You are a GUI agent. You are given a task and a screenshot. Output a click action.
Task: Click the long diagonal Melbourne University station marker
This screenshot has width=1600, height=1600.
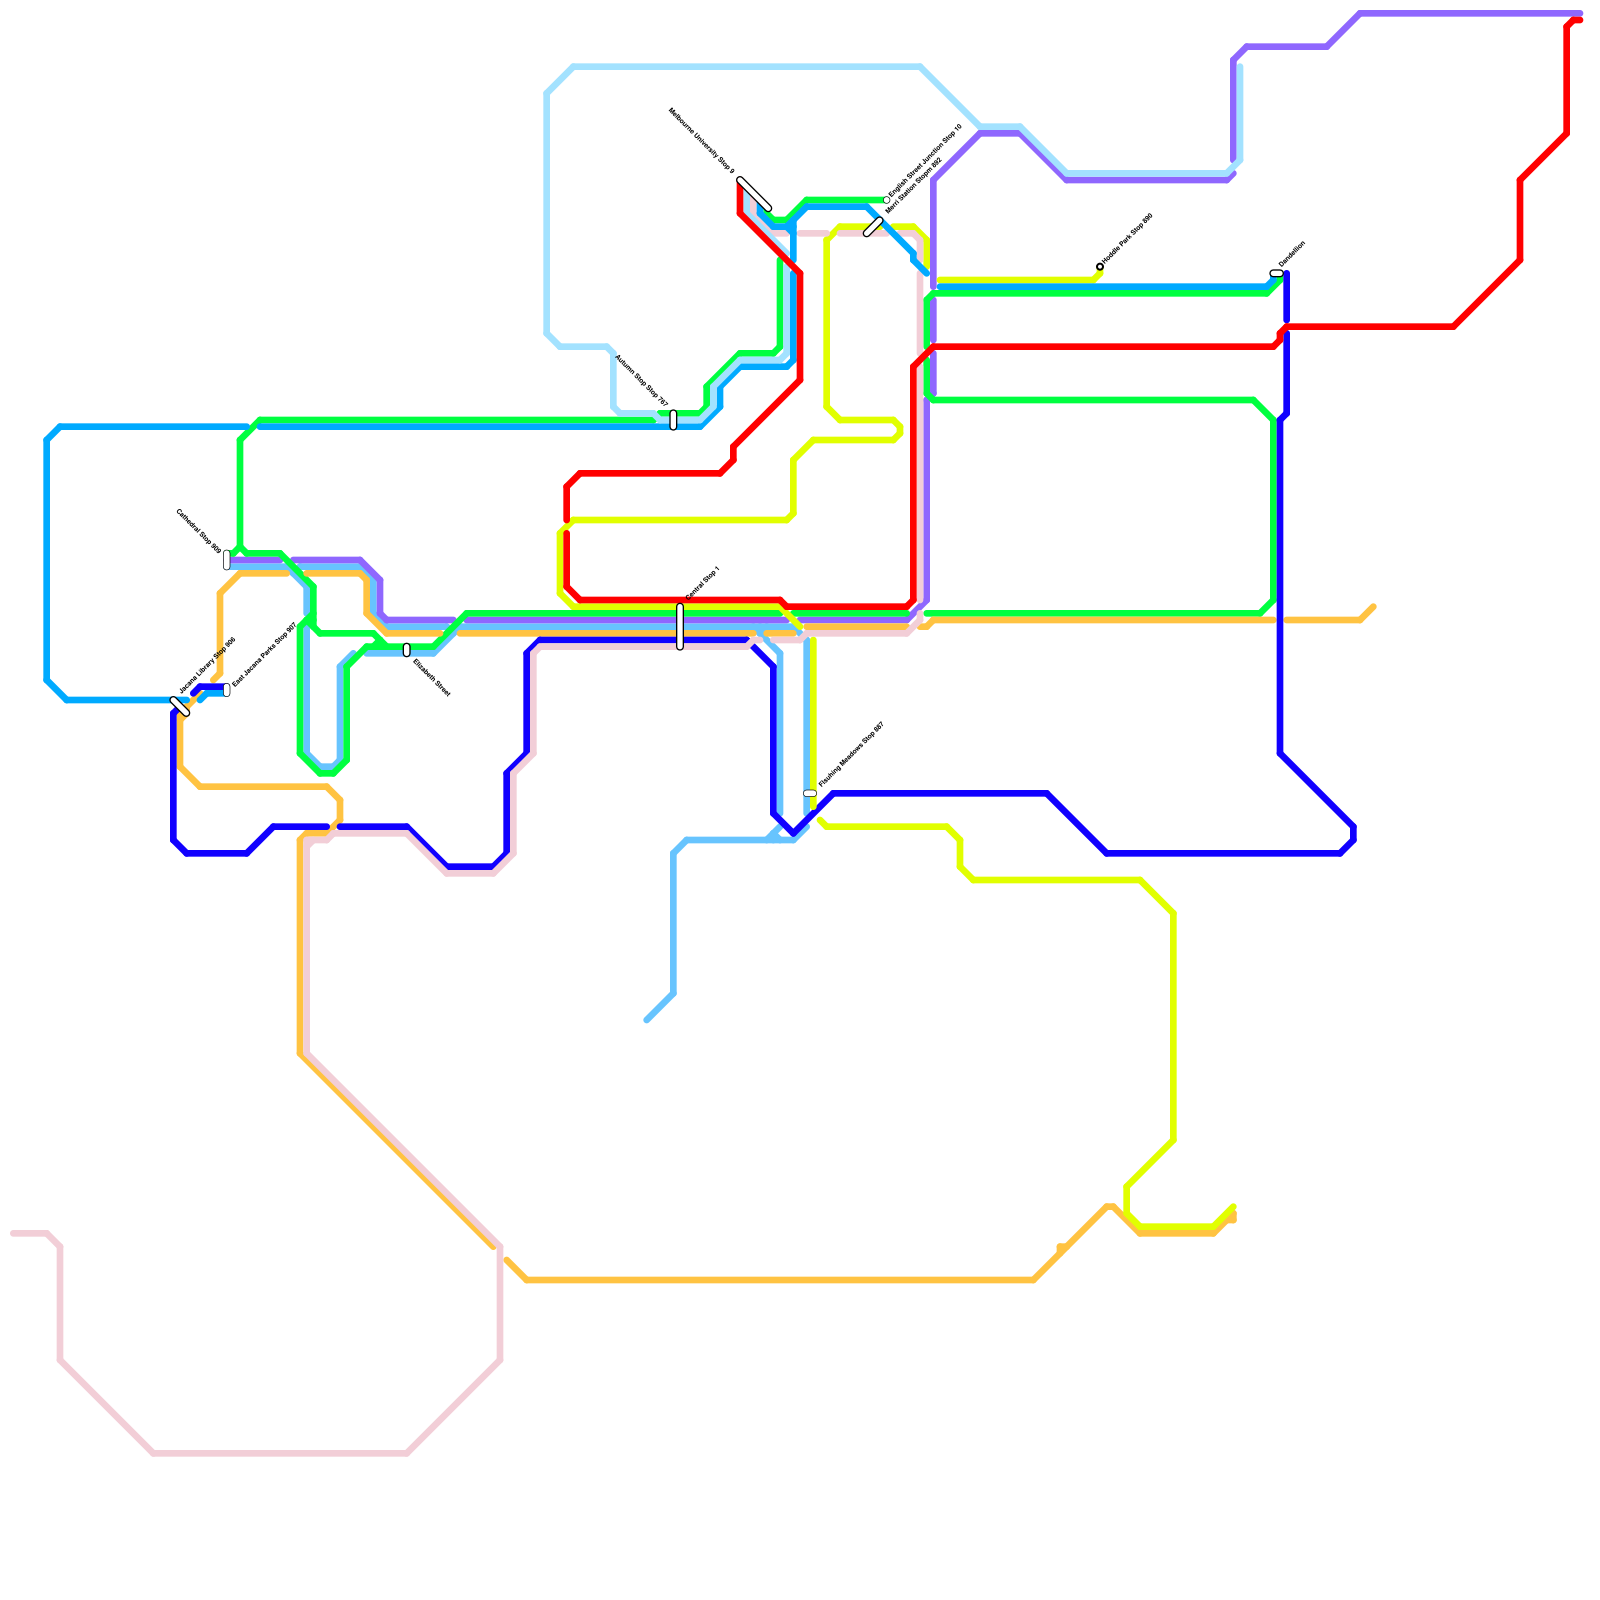click(x=755, y=194)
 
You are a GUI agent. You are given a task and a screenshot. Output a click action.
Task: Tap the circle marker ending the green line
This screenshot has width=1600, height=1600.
click(x=887, y=200)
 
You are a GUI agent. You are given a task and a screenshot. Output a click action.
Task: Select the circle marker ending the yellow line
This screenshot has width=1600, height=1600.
click(x=1100, y=266)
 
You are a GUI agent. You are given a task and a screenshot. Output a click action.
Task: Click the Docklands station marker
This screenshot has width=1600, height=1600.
click(x=1276, y=273)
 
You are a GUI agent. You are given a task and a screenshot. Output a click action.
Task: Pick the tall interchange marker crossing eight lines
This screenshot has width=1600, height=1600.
click(x=680, y=627)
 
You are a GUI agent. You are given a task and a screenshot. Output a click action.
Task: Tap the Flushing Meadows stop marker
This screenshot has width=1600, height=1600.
click(x=810, y=793)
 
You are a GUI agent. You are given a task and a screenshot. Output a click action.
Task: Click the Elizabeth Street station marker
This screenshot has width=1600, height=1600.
click(x=407, y=650)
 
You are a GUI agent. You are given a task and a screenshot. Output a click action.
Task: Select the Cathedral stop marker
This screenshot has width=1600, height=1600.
click(x=227, y=560)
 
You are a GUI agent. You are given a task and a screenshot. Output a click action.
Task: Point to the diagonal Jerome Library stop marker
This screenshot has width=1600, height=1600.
click(x=180, y=707)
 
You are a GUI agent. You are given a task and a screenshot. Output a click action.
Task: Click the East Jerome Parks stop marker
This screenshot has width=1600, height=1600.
click(x=227, y=690)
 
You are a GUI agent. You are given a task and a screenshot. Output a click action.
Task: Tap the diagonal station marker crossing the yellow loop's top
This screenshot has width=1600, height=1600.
click(x=873, y=227)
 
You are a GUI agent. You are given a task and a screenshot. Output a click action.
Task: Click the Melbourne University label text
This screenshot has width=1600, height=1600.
click(x=701, y=141)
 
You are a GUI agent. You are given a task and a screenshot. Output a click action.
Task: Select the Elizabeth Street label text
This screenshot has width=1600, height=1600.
click(x=432, y=677)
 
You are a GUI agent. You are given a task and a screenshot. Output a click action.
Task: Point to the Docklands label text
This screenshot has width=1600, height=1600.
click(x=1292, y=254)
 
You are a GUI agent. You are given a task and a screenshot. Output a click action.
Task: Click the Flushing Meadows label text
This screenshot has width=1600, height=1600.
click(x=851, y=755)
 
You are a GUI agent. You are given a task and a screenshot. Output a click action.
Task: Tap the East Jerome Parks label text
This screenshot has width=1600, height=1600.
click(x=265, y=655)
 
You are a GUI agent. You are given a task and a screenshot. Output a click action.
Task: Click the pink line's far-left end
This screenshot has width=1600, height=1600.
click(x=13, y=1233)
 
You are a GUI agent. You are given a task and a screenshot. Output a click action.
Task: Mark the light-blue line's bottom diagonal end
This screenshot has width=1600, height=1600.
click(x=648, y=1020)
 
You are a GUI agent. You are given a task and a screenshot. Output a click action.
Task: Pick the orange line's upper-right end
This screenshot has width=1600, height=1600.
click(x=1373, y=607)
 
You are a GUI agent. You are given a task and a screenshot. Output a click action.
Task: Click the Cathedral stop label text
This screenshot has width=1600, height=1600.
click(x=198, y=529)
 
